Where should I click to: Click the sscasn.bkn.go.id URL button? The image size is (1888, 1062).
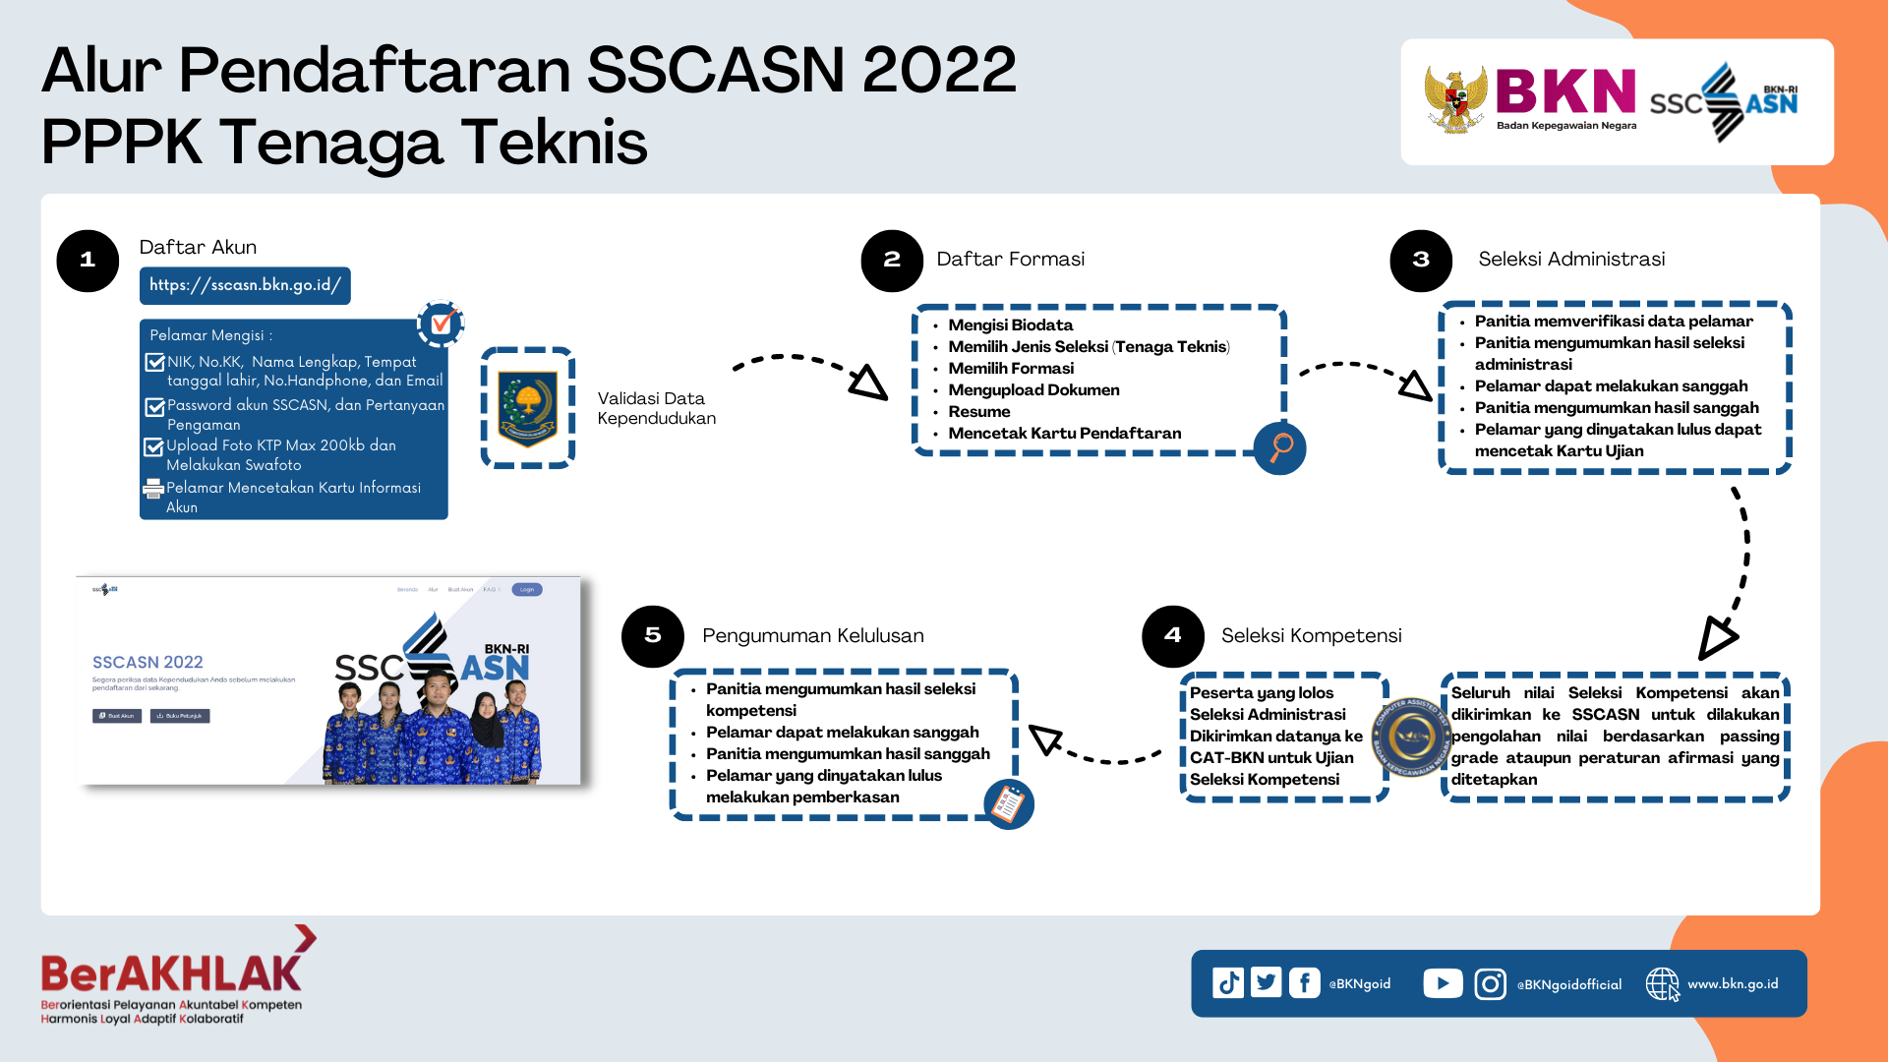(x=245, y=285)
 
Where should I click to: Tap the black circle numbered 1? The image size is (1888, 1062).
(x=88, y=261)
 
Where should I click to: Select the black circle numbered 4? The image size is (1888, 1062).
(x=1172, y=636)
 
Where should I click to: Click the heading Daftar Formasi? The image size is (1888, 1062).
(x=1010, y=259)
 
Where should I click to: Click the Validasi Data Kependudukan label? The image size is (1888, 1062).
(x=656, y=408)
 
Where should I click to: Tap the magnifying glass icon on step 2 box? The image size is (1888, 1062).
(x=1280, y=448)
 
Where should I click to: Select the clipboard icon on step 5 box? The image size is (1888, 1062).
(x=1008, y=804)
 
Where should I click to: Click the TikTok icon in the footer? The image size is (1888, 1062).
(x=1228, y=983)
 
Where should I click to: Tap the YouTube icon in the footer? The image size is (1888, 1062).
(x=1443, y=983)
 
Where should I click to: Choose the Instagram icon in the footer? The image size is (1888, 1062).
(x=1490, y=983)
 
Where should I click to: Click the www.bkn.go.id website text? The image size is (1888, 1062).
(x=1733, y=983)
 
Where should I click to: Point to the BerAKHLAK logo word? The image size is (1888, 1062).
(x=172, y=973)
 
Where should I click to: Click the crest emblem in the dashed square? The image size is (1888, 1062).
(x=528, y=407)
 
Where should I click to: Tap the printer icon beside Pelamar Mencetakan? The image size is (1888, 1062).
(x=153, y=489)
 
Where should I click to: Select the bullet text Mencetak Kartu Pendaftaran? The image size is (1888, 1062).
(x=1064, y=434)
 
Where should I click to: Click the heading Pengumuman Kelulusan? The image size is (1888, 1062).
(x=812, y=636)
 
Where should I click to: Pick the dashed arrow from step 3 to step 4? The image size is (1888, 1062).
(x=1739, y=570)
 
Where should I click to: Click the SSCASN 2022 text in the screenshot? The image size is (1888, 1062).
(x=147, y=663)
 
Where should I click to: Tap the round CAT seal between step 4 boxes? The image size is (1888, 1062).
(x=1413, y=737)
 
